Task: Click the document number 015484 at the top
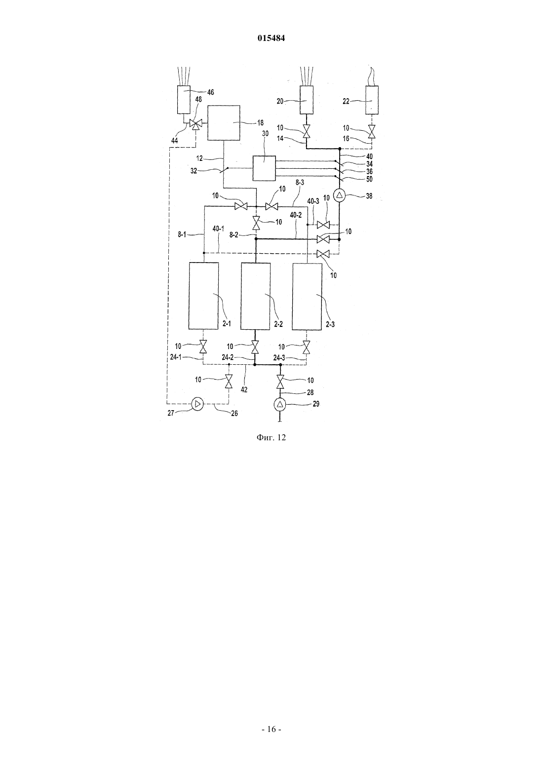271,38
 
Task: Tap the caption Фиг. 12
271,437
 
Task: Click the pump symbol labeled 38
340,196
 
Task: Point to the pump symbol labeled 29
280,405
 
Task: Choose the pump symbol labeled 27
197,404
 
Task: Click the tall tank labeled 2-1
203,296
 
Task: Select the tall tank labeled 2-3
307,297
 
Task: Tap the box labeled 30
264,168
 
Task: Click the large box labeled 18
224,123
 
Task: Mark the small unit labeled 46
184,99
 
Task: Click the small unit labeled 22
372,100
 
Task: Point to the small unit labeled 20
307,100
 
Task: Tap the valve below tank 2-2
255,347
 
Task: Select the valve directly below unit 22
372,131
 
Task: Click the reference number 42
244,389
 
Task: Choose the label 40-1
218,229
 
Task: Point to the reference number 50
369,179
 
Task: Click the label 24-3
279,358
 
